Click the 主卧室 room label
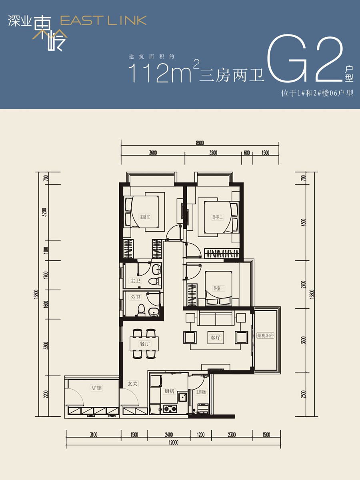144,217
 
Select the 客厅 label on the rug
215,338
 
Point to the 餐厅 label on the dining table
144,344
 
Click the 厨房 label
169,391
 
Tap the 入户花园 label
96,388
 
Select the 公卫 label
135,297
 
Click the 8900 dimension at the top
200,143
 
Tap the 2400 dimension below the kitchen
168,435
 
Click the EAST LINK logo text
103,21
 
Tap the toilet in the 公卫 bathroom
141,309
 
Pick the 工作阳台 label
201,392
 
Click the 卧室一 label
218,288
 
